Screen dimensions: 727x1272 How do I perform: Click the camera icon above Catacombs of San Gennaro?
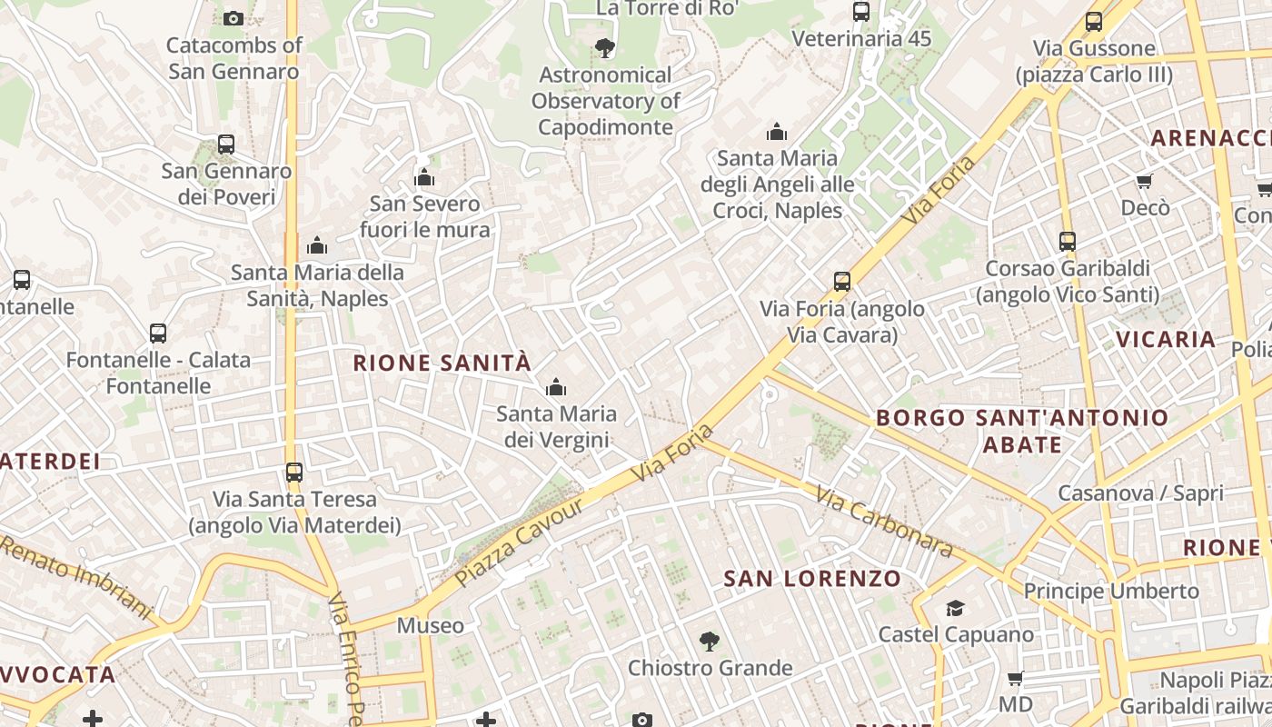234,18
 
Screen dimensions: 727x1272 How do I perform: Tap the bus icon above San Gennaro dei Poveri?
226,144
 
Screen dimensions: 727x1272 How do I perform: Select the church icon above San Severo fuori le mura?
424,177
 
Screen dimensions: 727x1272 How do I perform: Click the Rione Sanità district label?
442,363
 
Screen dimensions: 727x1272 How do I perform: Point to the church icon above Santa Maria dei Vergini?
556,388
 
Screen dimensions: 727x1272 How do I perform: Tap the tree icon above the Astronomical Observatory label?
604,48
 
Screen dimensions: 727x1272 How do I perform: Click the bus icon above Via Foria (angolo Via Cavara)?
842,282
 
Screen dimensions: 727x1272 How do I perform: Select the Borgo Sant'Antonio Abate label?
1022,431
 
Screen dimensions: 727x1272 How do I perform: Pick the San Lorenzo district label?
812,579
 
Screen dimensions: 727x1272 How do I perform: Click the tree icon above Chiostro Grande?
709,642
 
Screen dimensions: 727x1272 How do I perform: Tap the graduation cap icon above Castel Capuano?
955,608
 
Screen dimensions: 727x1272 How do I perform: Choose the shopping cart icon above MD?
1015,679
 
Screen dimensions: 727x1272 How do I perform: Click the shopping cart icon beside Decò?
1144,182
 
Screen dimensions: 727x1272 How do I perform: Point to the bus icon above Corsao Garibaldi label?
1068,242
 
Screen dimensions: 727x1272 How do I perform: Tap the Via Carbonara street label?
883,522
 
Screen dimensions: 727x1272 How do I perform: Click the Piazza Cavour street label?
519,542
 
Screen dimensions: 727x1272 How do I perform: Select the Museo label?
431,625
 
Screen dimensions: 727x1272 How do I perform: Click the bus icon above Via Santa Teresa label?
294,473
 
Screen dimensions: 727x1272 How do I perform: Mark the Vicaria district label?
1166,340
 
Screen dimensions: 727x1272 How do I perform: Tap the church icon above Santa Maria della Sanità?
317,245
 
